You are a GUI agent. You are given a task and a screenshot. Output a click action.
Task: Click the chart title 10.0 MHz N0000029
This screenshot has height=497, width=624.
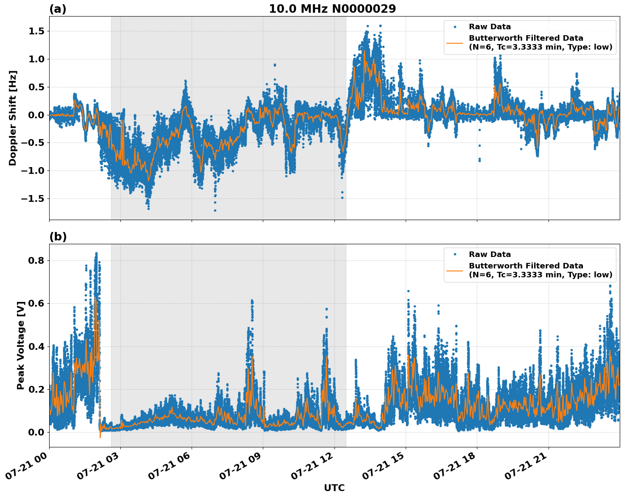(x=332, y=9)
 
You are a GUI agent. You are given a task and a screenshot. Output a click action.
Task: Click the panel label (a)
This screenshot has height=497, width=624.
(x=58, y=9)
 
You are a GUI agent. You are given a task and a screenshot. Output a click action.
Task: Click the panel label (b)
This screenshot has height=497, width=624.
(x=58, y=237)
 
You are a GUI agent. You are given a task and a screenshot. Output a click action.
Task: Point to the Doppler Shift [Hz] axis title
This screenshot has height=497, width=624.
(x=13, y=118)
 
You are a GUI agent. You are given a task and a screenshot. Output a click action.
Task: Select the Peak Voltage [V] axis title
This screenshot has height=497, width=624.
(x=21, y=345)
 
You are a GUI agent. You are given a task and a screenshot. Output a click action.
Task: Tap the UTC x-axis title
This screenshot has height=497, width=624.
(x=334, y=488)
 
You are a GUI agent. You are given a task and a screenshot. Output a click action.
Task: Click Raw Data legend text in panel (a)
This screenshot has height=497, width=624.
(x=490, y=27)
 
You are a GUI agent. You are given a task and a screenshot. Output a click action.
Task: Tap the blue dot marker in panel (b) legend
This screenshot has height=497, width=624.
(x=455, y=254)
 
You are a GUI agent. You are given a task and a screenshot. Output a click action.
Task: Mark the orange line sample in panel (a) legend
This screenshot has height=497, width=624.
(x=455, y=43)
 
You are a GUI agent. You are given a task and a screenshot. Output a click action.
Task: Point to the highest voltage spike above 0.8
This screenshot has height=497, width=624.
(x=96, y=254)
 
